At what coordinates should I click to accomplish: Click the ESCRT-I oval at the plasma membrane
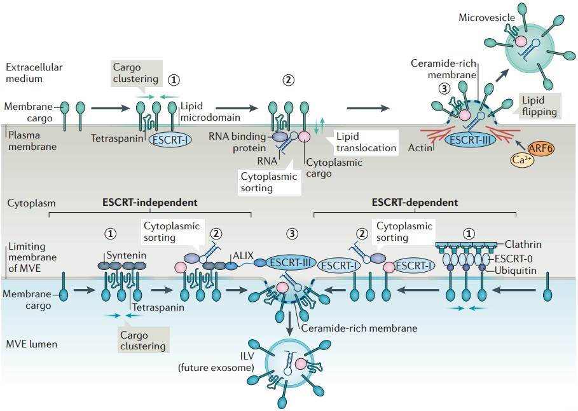170,139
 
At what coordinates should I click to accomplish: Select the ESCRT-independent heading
150,202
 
